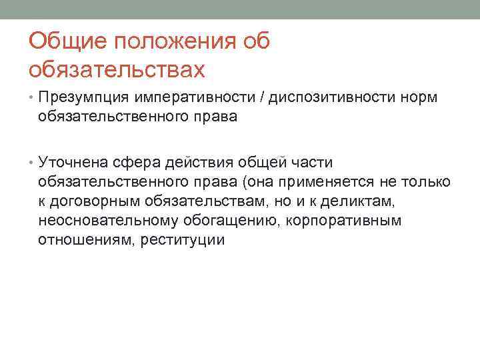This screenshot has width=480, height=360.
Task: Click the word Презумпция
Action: pos(84,98)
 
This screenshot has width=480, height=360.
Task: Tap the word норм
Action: pos(420,98)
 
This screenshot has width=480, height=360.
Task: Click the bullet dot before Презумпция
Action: pos(32,98)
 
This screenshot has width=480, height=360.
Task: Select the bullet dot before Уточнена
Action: pos(32,163)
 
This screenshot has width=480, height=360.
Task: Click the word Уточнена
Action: pos(75,163)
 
